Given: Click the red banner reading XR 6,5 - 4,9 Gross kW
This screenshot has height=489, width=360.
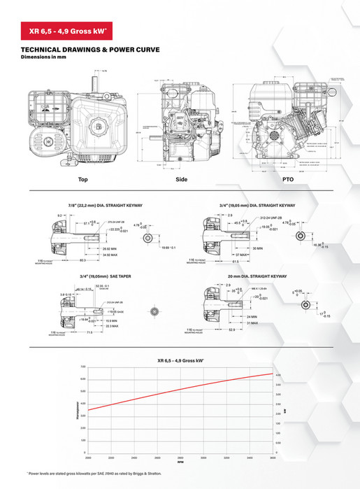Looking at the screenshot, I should (68, 31).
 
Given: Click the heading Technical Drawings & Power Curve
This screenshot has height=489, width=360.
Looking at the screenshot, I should (91, 50).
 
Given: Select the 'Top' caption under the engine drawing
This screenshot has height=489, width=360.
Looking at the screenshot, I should (82, 180).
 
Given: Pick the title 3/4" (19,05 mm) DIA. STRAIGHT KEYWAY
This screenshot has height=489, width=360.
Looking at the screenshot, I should (258, 206).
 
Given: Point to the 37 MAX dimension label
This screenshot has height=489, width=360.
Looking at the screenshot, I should (261, 255).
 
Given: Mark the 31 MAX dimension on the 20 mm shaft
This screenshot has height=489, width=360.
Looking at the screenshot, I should (252, 323).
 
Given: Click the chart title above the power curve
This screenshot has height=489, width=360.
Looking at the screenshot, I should (180, 360).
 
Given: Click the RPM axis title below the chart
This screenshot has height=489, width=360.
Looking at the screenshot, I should (180, 462).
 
